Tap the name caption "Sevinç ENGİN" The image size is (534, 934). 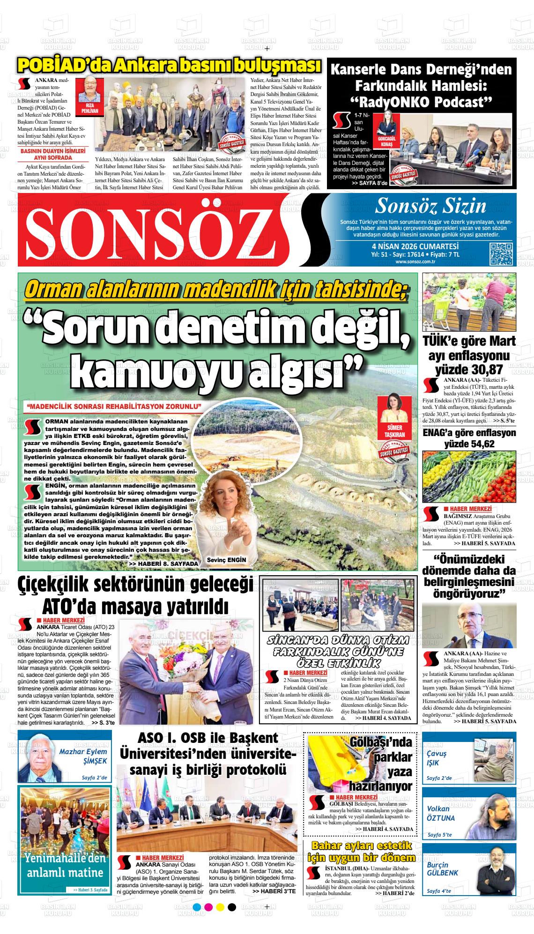226,560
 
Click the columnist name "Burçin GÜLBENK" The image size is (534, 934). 442,869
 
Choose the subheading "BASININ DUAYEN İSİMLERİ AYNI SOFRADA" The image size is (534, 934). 52,155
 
